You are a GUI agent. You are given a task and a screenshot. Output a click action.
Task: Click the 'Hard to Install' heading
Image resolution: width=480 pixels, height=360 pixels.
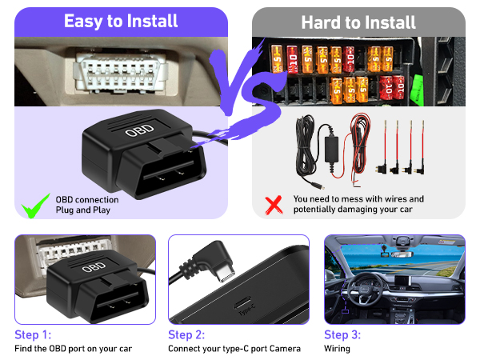358,22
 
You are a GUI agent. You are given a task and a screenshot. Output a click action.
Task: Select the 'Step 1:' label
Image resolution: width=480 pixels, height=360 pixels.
32,334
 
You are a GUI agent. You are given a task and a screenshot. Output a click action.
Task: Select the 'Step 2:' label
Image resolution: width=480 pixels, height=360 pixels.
186,334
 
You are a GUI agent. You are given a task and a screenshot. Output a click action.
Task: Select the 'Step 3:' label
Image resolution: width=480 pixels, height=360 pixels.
342,334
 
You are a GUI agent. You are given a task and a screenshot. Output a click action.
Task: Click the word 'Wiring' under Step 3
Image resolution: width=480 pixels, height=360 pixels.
337,349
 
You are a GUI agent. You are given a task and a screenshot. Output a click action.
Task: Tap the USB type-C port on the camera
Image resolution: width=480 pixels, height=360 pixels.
239,303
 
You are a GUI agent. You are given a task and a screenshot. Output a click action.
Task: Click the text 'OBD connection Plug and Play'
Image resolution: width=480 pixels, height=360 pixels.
87,205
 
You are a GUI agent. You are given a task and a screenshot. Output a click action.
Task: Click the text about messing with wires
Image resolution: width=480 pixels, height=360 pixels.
358,205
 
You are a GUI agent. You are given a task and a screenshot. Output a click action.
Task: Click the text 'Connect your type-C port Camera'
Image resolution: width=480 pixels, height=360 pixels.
234,349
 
